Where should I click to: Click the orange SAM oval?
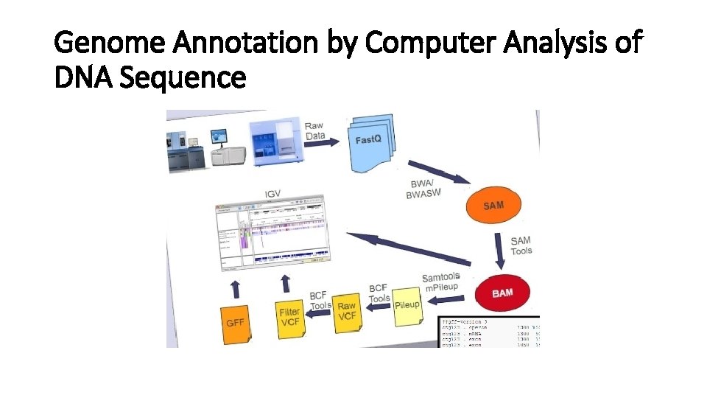click(493, 204)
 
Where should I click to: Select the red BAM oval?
click(502, 293)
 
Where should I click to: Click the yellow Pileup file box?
click(407, 304)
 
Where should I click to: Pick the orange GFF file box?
click(236, 322)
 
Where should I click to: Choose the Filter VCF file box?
click(289, 318)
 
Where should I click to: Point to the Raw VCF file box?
click(345, 311)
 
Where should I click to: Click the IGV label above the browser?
click(272, 195)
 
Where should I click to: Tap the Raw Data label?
click(314, 130)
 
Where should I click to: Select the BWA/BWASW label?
click(424, 189)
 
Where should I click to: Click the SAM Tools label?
click(521, 245)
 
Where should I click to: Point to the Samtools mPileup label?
click(440, 282)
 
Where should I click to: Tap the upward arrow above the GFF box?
click(235, 287)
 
